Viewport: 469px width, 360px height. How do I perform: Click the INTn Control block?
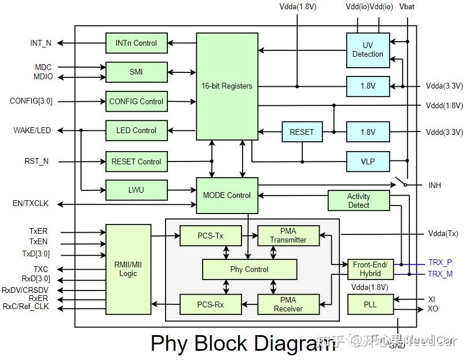pyautogui.click(x=136, y=43)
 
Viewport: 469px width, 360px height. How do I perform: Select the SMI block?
pyautogui.click(x=136, y=72)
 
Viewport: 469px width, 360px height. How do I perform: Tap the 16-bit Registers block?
pyautogui.click(x=227, y=86)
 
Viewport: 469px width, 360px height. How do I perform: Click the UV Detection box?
pyautogui.click(x=368, y=49)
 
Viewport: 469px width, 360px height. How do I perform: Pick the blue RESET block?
pyautogui.click(x=301, y=132)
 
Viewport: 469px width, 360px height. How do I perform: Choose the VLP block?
pyautogui.click(x=368, y=161)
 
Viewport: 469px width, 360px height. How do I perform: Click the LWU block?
pyautogui.click(x=136, y=189)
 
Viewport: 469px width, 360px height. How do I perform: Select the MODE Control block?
pyautogui.click(x=227, y=195)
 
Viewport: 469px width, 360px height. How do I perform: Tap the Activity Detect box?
pyautogui.click(x=358, y=200)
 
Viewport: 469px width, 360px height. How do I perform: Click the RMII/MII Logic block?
pyautogui.click(x=128, y=269)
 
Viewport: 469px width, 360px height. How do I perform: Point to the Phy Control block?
pyautogui.click(x=249, y=269)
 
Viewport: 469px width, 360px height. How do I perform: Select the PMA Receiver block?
pyautogui.click(x=288, y=304)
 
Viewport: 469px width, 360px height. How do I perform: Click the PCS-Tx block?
pyautogui.click(x=209, y=236)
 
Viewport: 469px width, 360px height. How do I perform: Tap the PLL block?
pyautogui.click(x=370, y=304)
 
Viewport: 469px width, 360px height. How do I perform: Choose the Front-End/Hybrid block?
pyautogui.click(x=370, y=269)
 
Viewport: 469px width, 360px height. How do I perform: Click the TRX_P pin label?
pyautogui.click(x=439, y=262)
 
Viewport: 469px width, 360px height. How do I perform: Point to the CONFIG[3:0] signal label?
pyautogui.click(x=31, y=101)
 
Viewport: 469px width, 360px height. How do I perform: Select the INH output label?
pyautogui.click(x=434, y=186)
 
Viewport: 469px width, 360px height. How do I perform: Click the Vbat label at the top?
pyautogui.click(x=407, y=6)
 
